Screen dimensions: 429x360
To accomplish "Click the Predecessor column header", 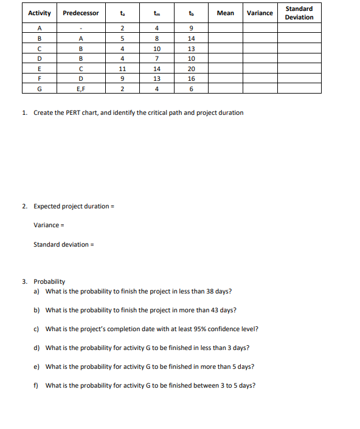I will coord(80,13).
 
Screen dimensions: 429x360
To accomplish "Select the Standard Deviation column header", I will coord(299,13).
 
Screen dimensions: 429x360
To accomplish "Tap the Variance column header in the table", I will coord(260,13).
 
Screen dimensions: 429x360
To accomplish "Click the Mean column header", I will coord(225,13).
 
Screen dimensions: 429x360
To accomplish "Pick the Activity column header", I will coord(40,13).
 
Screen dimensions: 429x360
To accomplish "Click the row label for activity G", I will coord(40,88).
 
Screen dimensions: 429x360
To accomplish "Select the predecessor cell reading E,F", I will coord(80,88).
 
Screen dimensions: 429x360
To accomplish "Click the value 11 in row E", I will coord(122,69).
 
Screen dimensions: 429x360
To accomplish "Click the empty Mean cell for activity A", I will coord(225,27).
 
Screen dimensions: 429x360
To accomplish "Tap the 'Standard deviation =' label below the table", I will coord(64,244).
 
